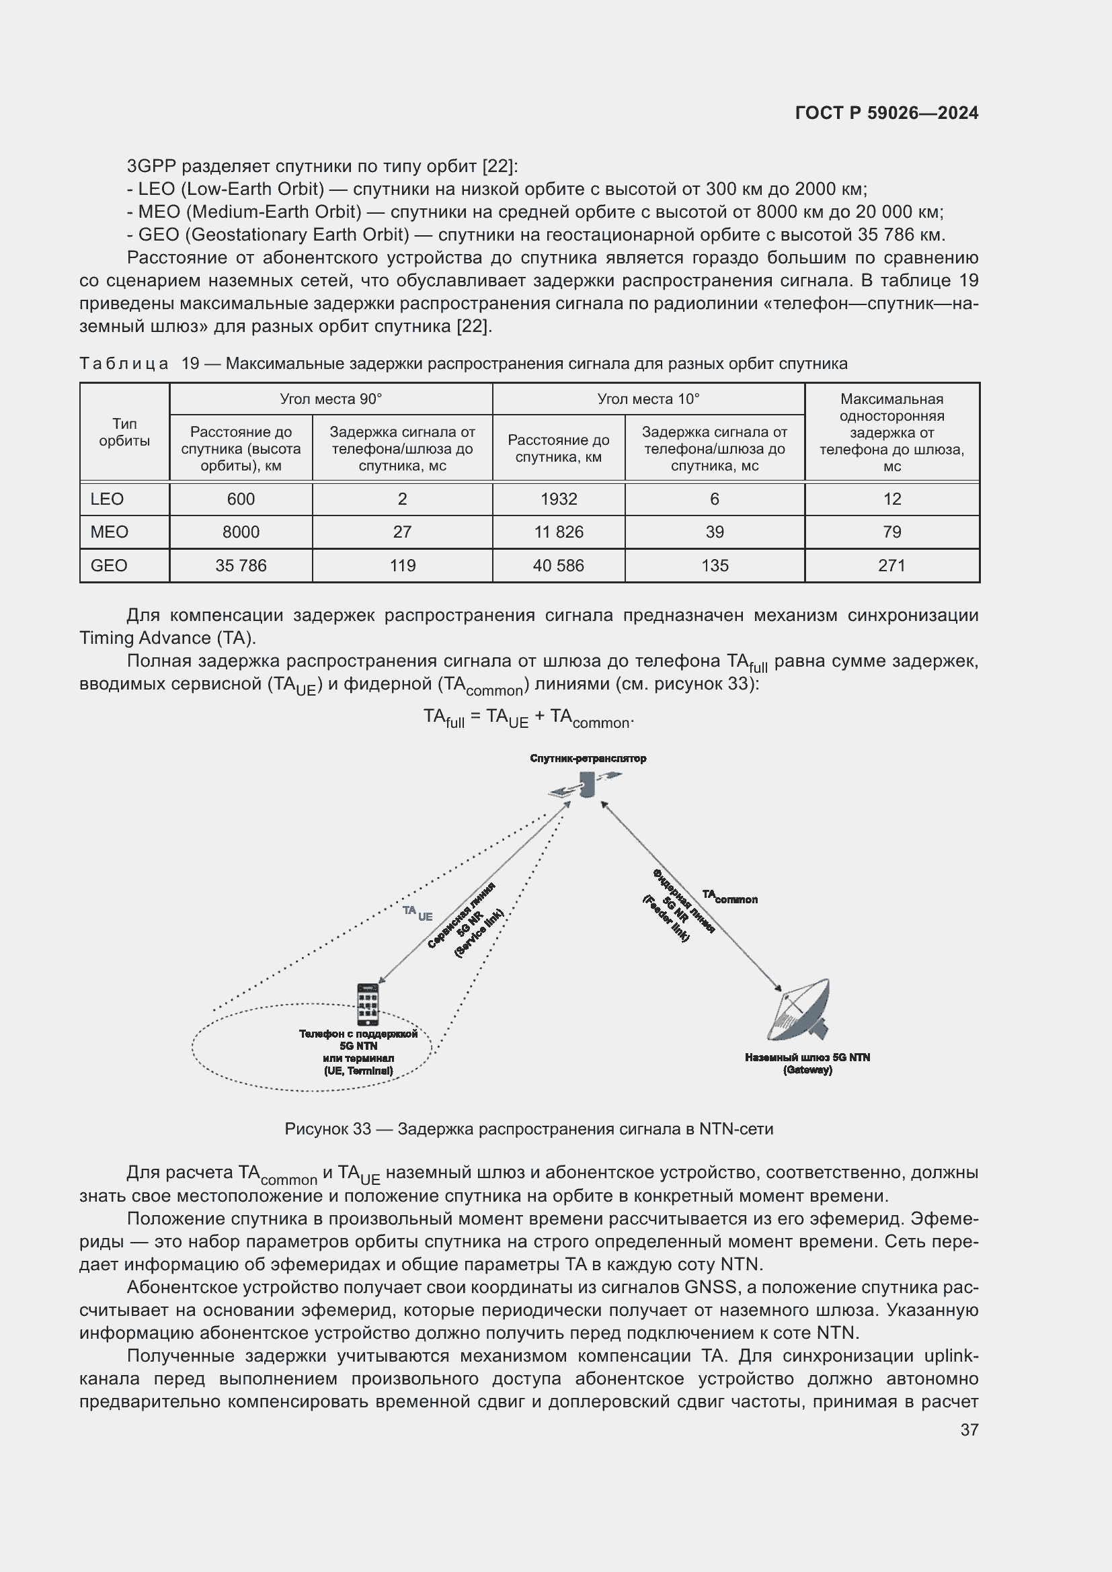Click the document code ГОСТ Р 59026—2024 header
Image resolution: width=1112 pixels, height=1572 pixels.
click(886, 113)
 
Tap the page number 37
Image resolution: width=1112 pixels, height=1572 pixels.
click(969, 1430)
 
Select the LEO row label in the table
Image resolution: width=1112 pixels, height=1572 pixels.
click(108, 499)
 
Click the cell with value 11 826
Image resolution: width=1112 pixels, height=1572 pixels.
click(558, 532)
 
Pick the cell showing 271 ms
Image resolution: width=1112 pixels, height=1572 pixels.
click(891, 565)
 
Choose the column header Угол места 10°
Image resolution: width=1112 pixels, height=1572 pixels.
click(647, 399)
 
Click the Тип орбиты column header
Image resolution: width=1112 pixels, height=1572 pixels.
click(124, 432)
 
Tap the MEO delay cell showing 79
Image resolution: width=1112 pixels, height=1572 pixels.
click(891, 532)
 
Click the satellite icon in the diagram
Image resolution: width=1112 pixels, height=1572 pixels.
click(586, 784)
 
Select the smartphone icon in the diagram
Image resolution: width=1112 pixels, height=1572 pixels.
click(368, 1004)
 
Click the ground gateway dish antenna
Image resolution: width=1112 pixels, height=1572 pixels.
click(801, 1011)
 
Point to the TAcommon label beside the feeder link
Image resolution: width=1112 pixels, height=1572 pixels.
click(730, 897)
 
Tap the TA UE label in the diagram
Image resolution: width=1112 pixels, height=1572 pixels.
click(417, 913)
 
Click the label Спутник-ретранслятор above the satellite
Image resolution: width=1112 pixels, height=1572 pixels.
click(588, 759)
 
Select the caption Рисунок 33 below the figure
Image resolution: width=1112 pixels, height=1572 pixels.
click(528, 1129)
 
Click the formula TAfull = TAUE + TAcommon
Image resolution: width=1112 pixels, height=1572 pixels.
click(528, 718)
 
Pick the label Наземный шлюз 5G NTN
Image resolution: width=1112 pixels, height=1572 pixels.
click(807, 1057)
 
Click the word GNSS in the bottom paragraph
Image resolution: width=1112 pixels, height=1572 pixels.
click(709, 1287)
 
